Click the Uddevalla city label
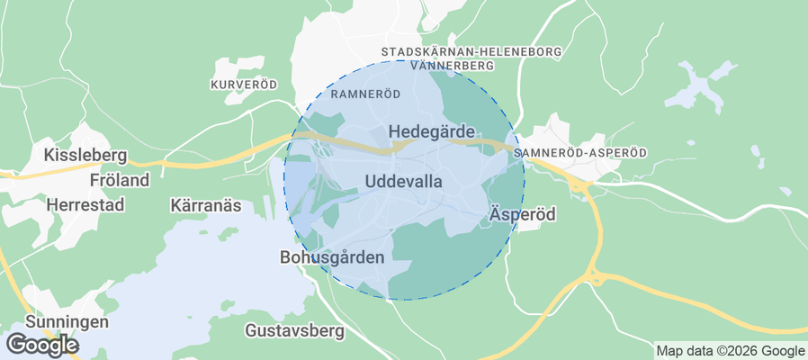click(404, 182)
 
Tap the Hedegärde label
click(431, 132)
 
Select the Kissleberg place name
click(84, 156)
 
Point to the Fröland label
click(120, 181)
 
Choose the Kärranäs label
click(206, 205)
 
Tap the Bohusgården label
click(332, 257)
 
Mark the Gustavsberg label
click(294, 331)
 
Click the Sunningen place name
click(67, 321)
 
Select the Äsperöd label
click(523, 215)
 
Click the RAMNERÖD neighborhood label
click(365, 94)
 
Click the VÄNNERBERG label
click(452, 66)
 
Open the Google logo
click(42, 344)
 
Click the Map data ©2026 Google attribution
click(730, 351)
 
